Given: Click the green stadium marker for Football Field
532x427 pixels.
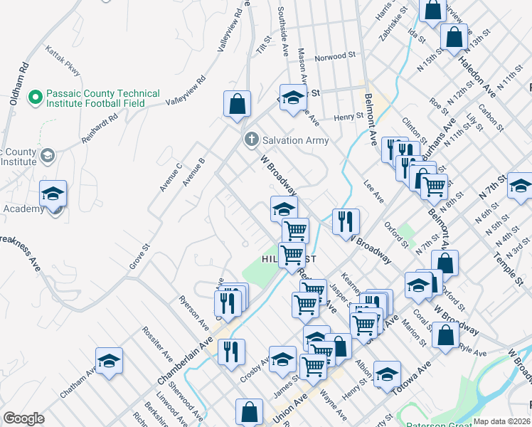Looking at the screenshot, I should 34,95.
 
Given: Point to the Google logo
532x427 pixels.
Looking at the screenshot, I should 23,418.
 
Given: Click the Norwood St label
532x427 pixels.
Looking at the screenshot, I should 335,56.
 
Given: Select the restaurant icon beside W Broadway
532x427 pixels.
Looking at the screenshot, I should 346,221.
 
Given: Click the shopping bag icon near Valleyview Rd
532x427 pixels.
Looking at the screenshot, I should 237,103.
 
